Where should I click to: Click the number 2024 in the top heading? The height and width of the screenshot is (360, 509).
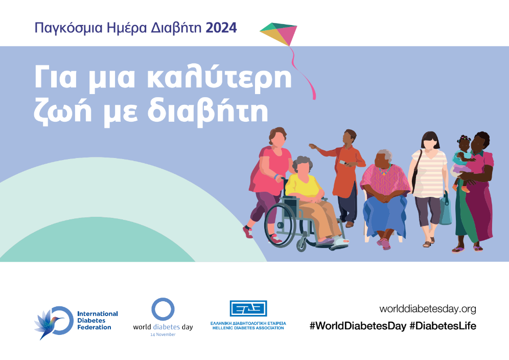click(x=221, y=28)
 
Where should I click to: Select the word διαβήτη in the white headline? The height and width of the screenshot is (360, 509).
click(x=208, y=112)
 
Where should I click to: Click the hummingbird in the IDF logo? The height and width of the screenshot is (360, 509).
click(x=49, y=324)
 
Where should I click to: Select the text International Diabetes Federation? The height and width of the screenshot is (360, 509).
click(x=98, y=320)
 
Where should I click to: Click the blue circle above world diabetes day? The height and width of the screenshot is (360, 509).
click(x=163, y=309)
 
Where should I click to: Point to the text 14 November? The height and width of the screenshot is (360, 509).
click(x=163, y=334)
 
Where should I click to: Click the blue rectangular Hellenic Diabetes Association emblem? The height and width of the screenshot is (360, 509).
click(x=248, y=308)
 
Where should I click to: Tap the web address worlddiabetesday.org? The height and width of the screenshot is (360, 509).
click(x=428, y=309)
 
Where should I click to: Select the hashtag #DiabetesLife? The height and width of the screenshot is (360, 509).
click(x=443, y=326)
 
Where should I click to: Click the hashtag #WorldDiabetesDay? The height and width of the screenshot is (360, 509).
click(x=358, y=326)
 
